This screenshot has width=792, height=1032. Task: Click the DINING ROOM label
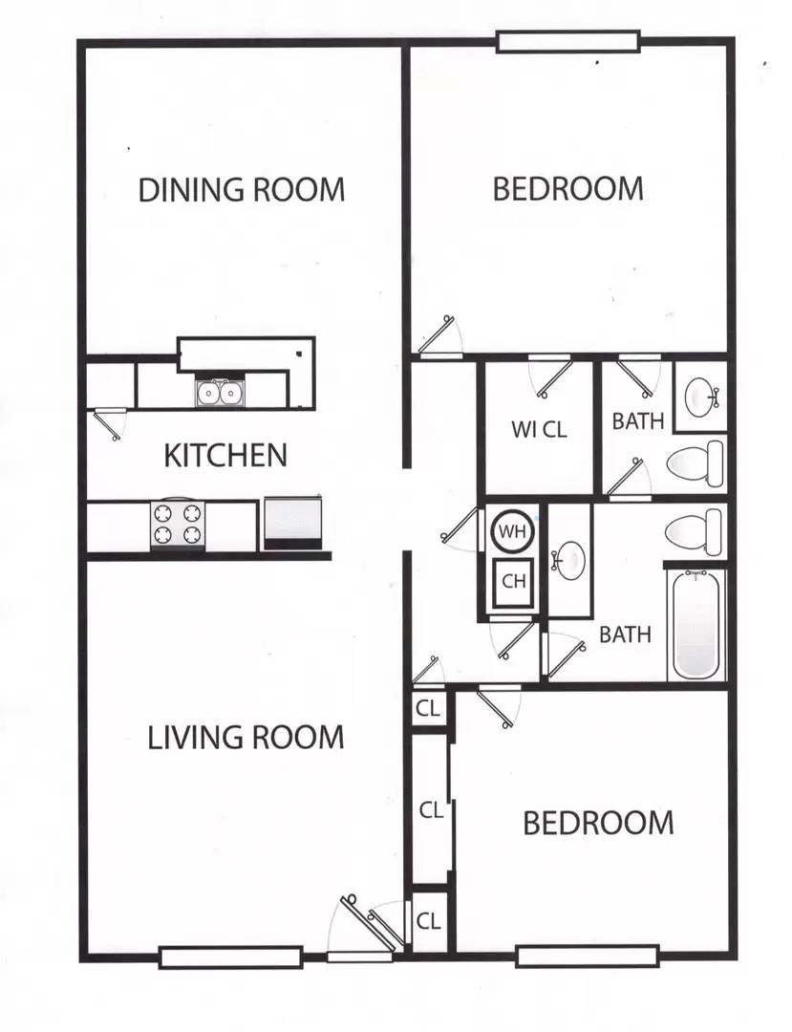click(242, 189)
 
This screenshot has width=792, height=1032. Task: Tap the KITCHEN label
click(225, 455)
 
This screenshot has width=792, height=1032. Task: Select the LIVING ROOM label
click(246, 738)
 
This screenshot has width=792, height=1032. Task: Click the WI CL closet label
click(539, 429)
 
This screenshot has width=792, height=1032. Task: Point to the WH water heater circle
click(514, 531)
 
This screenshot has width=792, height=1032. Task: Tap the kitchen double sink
click(220, 393)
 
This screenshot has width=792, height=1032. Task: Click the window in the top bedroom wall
click(567, 41)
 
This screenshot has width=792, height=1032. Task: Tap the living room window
click(230, 957)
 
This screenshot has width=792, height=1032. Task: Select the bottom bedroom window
click(587, 956)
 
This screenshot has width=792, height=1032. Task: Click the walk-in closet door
click(551, 375)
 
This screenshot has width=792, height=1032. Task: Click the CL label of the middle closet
click(432, 810)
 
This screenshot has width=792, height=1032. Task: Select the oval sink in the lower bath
click(571, 560)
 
